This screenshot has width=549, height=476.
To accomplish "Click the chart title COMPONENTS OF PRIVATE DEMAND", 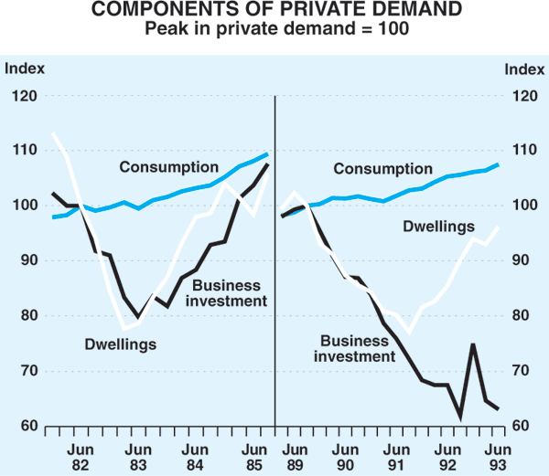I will click(274, 11).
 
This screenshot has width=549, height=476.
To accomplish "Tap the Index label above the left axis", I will click(25, 68).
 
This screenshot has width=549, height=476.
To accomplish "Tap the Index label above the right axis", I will click(523, 68).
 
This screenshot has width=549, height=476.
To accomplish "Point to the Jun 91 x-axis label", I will click(396, 457).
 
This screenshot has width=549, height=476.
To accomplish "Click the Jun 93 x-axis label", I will click(497, 457).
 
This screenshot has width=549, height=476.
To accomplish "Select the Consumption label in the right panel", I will click(382, 169).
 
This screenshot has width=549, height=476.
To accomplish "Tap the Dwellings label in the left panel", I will click(122, 344).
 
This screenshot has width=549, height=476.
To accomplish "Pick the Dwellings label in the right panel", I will click(440, 226).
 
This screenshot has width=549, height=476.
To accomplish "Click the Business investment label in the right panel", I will click(355, 349).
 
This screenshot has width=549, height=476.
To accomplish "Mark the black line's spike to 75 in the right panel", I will click(473, 344).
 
